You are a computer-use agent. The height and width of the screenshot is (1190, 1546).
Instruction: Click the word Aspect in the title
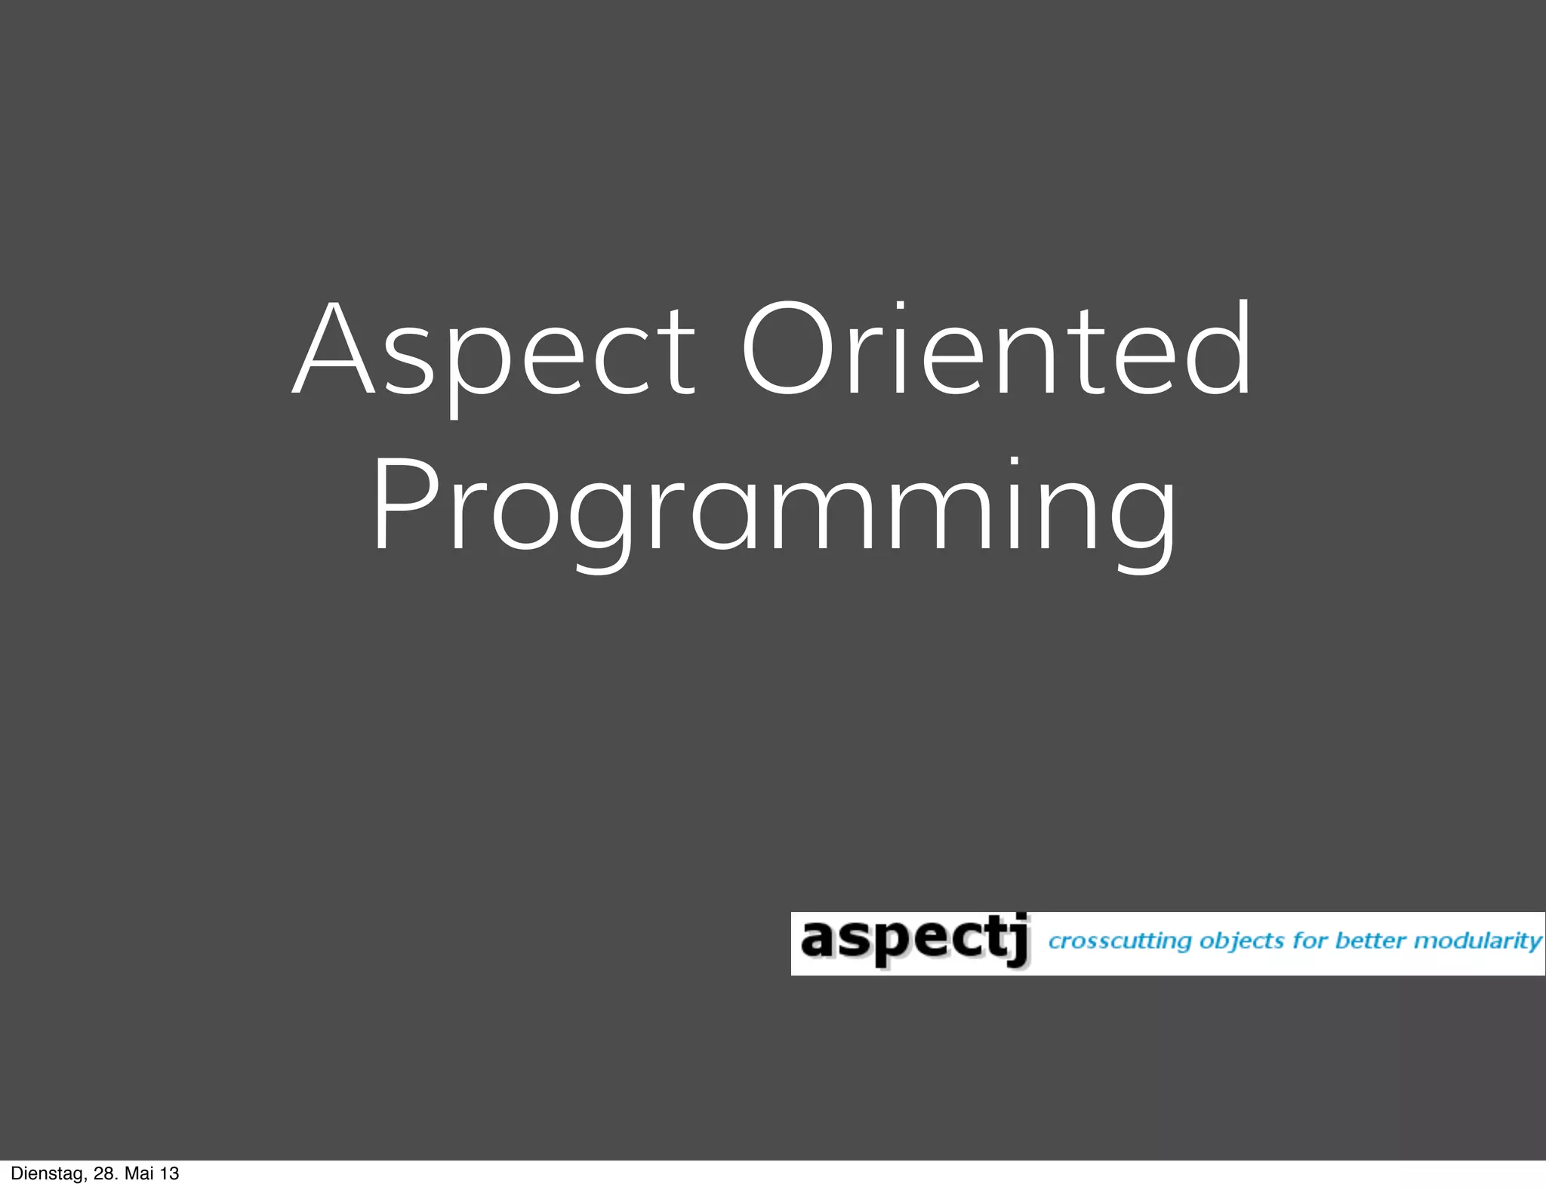[494, 352]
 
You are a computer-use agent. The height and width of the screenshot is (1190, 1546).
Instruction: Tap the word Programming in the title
[773, 507]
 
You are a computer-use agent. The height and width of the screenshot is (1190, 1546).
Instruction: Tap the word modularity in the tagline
[1477, 942]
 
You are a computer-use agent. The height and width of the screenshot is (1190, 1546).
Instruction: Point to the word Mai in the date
[139, 1173]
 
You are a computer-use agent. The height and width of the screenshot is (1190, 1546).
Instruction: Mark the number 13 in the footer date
[170, 1173]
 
